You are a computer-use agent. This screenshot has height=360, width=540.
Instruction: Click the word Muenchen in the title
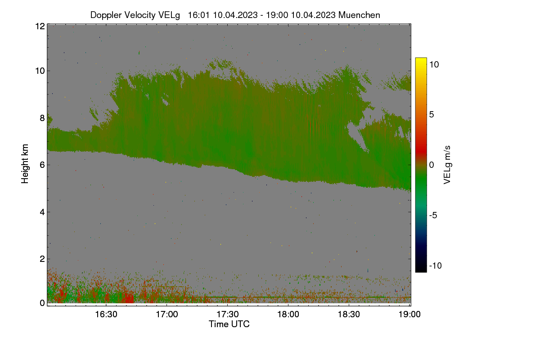pyautogui.click(x=359, y=15)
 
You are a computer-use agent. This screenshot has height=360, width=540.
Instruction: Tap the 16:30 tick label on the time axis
pyautogui.click(x=106, y=314)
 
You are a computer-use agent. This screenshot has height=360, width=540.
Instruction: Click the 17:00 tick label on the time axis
pyautogui.click(x=167, y=314)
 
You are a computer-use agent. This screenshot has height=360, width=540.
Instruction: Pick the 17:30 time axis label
pyautogui.click(x=228, y=314)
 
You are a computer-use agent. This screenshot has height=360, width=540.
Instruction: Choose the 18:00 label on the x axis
pyautogui.click(x=288, y=314)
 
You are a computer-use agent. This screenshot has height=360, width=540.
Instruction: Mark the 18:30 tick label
pyautogui.click(x=349, y=314)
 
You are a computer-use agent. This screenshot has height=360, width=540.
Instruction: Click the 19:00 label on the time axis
pyautogui.click(x=409, y=314)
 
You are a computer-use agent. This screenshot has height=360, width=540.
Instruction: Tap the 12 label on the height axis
pyautogui.click(x=40, y=26)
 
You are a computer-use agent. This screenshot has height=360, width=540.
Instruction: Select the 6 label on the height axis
pyautogui.click(x=42, y=165)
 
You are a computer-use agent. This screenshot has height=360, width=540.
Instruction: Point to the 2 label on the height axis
pyautogui.click(x=42, y=259)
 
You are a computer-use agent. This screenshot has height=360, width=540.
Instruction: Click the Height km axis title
pyautogui.click(x=25, y=164)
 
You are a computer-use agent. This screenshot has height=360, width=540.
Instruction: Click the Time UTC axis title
pyautogui.click(x=229, y=324)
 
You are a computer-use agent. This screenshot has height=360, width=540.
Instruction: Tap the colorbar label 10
pyautogui.click(x=434, y=65)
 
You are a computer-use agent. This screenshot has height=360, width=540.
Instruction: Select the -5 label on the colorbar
pyautogui.click(x=433, y=215)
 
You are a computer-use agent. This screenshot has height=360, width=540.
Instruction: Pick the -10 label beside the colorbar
pyautogui.click(x=436, y=265)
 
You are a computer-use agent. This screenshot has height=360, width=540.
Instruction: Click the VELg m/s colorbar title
pyautogui.click(x=447, y=165)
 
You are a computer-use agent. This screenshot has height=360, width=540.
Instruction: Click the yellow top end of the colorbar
pyautogui.click(x=421, y=59)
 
